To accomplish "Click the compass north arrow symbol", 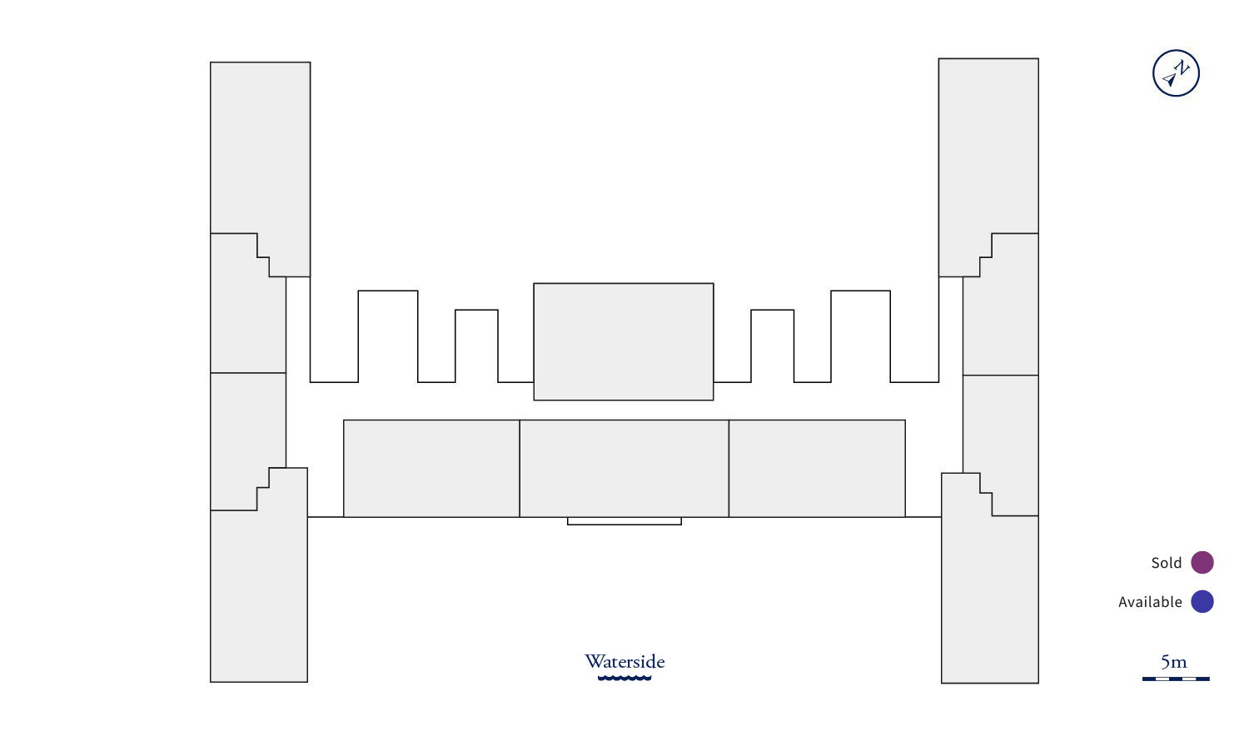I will pyautogui.click(x=1176, y=73).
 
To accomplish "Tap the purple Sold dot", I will pyautogui.click(x=1202, y=563).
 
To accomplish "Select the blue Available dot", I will pyautogui.click(x=1202, y=601).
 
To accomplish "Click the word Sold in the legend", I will pyautogui.click(x=1166, y=563).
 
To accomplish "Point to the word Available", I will pyautogui.click(x=1149, y=602).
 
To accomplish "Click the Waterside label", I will pyautogui.click(x=624, y=661).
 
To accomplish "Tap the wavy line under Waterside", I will pyautogui.click(x=624, y=678).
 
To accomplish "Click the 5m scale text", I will pyautogui.click(x=1174, y=662).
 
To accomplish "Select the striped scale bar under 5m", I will pyautogui.click(x=1176, y=679).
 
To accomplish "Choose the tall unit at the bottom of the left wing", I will pyautogui.click(x=259, y=591).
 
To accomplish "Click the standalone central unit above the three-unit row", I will pyautogui.click(x=624, y=341).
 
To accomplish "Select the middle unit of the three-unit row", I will pyautogui.click(x=624, y=468).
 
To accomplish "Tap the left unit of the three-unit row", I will pyautogui.click(x=431, y=468).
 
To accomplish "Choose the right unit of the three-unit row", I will pyautogui.click(x=817, y=468).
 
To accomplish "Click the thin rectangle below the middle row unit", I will pyautogui.click(x=624, y=521).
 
